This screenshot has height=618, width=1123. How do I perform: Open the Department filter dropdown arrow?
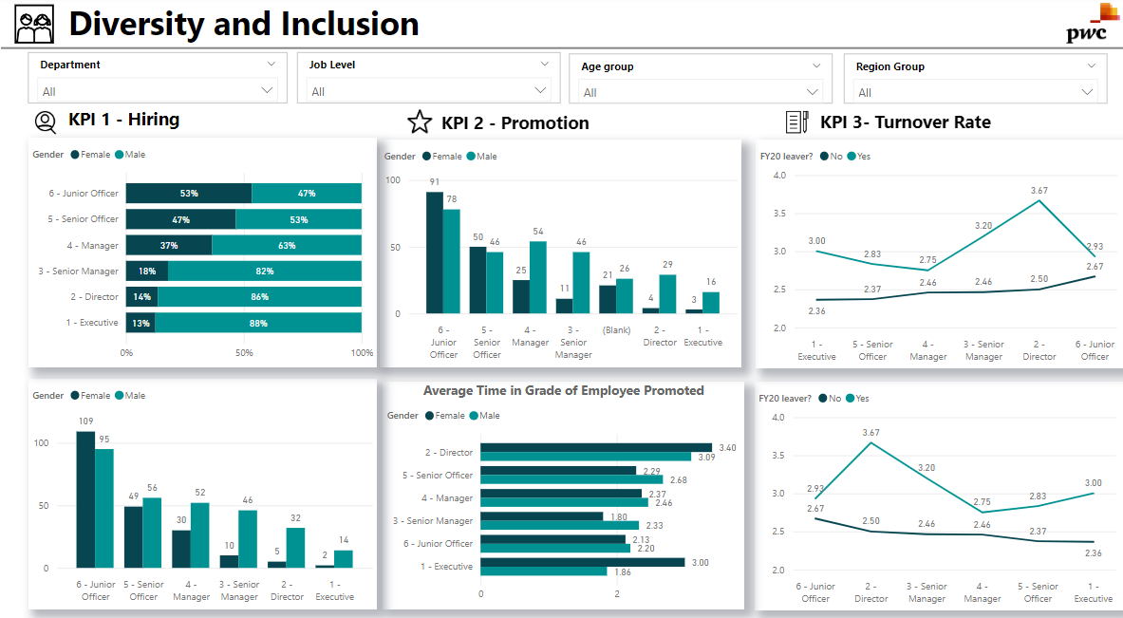point(271,65)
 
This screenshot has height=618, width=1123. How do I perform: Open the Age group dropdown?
point(813,92)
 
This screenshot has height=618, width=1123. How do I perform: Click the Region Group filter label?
point(889,66)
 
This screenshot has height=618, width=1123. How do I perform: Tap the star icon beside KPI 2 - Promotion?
point(419,122)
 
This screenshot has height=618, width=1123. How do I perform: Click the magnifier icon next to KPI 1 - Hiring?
point(45,122)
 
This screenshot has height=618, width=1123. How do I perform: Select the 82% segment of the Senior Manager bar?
point(265,272)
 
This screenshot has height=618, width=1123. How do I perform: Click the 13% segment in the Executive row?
point(140,323)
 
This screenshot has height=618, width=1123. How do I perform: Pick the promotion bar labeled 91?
point(434,253)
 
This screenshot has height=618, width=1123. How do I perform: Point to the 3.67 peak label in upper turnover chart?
point(1039,191)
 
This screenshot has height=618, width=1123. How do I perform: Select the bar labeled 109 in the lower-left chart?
point(85,499)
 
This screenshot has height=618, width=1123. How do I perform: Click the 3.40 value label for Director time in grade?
point(727,447)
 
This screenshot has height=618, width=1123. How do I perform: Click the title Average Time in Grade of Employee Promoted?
point(563,390)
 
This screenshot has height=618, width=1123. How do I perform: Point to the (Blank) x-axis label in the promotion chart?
point(616,329)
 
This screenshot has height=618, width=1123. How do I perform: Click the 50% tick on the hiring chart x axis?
point(244,352)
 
